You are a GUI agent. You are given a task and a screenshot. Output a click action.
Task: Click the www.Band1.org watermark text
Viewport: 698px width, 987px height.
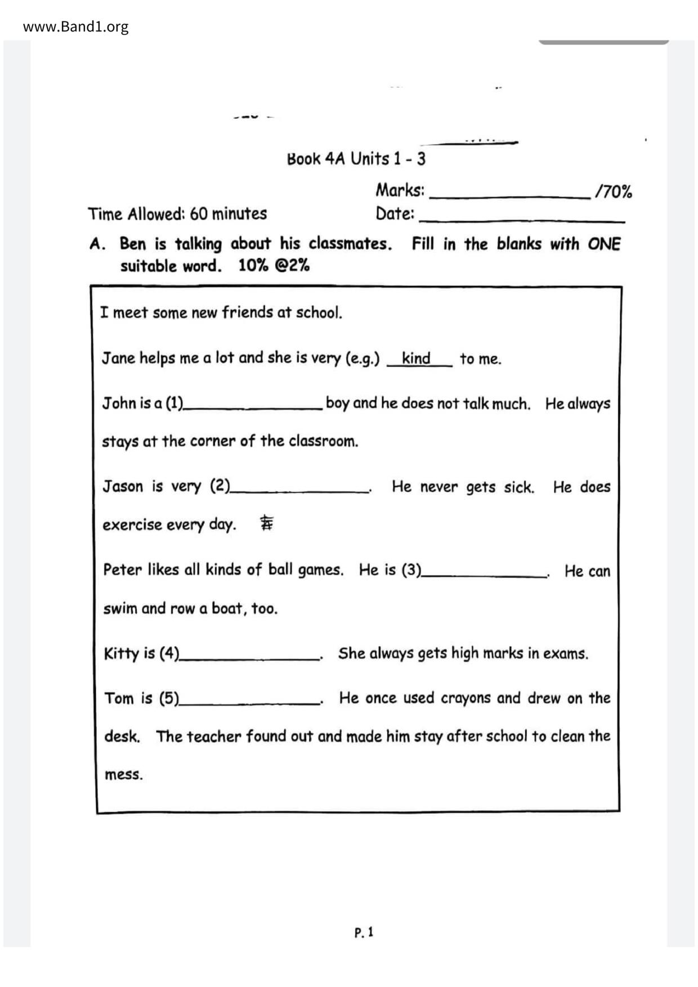tap(75, 26)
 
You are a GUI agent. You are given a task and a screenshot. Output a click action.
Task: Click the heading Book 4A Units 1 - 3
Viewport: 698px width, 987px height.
tap(356, 159)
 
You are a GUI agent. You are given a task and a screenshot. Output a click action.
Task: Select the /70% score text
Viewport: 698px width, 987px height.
tap(614, 192)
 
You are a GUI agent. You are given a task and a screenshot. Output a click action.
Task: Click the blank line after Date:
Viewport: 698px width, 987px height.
tap(522, 218)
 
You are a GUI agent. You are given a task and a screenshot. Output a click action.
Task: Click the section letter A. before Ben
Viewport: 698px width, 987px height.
tap(97, 244)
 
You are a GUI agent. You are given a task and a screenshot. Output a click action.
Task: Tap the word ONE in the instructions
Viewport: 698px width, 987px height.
tap(604, 244)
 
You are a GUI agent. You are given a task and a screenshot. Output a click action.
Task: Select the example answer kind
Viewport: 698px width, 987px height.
tap(416, 358)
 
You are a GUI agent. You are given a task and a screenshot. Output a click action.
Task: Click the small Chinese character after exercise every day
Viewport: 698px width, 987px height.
tap(266, 524)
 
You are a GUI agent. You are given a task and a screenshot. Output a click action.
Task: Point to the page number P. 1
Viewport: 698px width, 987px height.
tap(364, 932)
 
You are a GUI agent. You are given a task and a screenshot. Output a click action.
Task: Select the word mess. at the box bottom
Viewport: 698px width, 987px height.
tap(124, 775)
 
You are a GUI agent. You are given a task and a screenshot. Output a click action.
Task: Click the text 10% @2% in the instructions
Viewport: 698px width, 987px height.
tap(274, 266)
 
